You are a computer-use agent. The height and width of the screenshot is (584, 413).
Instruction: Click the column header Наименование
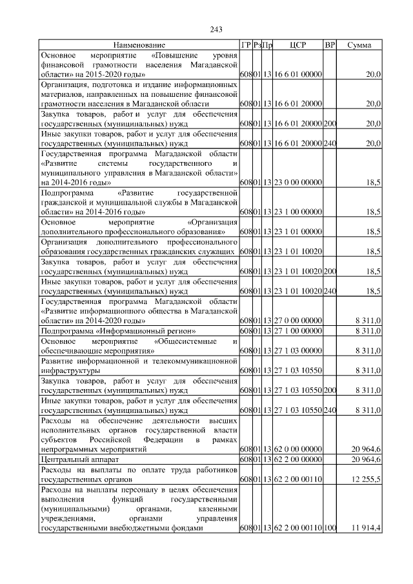pyautogui.click(x=139, y=45)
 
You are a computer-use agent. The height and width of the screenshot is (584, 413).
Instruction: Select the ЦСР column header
pyautogui.click(x=298, y=45)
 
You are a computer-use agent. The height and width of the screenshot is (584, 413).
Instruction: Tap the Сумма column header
pyautogui.click(x=359, y=45)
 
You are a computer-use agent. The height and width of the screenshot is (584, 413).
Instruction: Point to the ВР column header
pyautogui.click(x=330, y=45)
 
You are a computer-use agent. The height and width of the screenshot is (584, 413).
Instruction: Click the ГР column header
pyautogui.click(x=245, y=45)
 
